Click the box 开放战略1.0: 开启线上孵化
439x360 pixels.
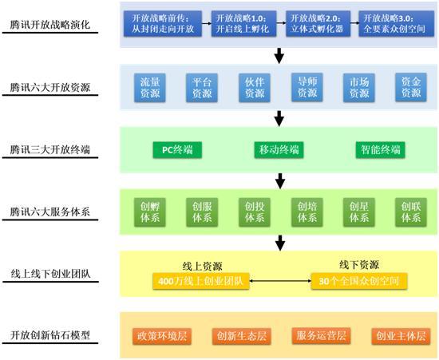click(243, 23)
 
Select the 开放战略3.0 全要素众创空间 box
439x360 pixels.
click(396, 23)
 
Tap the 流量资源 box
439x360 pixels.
click(150, 88)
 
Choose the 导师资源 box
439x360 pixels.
click(307, 87)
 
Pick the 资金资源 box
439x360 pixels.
click(411, 87)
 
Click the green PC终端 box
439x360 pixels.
click(177, 150)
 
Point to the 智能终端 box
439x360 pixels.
click(380, 150)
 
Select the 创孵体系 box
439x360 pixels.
click(150, 212)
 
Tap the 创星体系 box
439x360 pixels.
click(359, 212)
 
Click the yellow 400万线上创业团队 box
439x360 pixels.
click(200, 281)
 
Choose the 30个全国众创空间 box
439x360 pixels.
click(359, 281)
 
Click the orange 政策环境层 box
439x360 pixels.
click(162, 336)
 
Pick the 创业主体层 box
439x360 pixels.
click(401, 336)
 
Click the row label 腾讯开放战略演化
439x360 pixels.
click(50, 25)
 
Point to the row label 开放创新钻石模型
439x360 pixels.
click(50, 335)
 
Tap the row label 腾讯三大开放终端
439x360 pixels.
click(50, 150)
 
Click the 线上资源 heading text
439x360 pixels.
click(202, 267)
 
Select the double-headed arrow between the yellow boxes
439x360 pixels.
click(280, 280)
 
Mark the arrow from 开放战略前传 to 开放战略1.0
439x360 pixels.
click(207, 23)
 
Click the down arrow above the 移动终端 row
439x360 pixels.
click(279, 119)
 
